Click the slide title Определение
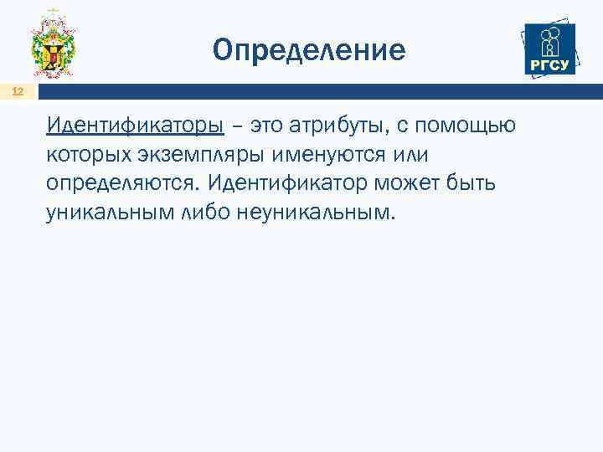coord(309,50)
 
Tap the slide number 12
coord(18,92)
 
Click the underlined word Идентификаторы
coord(136,126)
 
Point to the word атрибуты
coord(339,126)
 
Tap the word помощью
coord(472,126)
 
